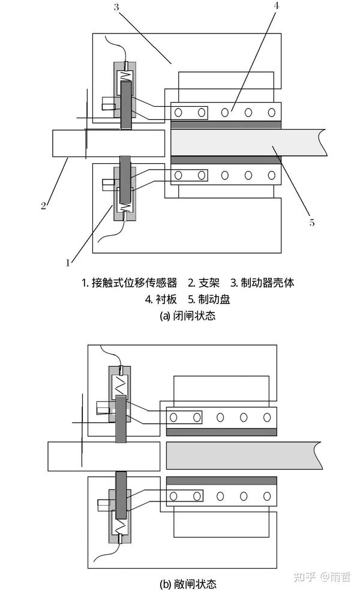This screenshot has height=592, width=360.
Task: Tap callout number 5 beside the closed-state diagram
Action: (311, 223)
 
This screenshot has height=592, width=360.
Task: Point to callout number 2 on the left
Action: (43, 206)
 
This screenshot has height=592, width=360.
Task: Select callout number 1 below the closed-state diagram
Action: (69, 262)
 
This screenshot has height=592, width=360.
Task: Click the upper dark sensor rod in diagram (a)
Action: (126, 105)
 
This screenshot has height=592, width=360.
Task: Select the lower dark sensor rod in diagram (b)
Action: (122, 494)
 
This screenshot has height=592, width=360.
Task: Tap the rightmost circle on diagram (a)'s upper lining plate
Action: (271, 111)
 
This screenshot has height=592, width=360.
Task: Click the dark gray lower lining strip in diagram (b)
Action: (222, 480)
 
